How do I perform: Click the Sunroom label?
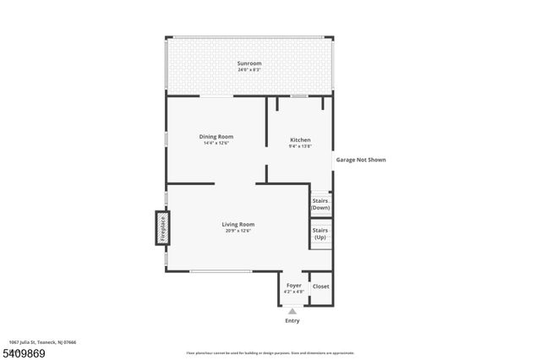pos(249,63)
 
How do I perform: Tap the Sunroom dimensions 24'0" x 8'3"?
pos(249,70)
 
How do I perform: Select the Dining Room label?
pos(216,136)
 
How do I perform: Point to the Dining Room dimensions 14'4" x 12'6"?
pos(216,143)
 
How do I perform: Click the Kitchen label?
pos(300,139)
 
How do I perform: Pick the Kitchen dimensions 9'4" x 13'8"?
pos(300,146)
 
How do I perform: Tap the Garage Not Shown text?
pos(361,159)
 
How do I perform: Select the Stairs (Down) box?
pos(320,204)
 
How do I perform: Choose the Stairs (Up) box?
pos(320,233)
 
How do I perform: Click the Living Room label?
pos(238,224)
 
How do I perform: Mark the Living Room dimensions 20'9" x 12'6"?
pos(238,231)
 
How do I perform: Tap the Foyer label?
pos(293,286)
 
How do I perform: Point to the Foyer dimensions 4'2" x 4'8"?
pos(293,292)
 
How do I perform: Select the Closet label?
pos(321,286)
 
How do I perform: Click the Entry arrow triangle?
pos(292,311)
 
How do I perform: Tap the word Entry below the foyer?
pos(292,320)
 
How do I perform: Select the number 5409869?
pos(23,352)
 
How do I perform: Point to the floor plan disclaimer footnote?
pos(270,353)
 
